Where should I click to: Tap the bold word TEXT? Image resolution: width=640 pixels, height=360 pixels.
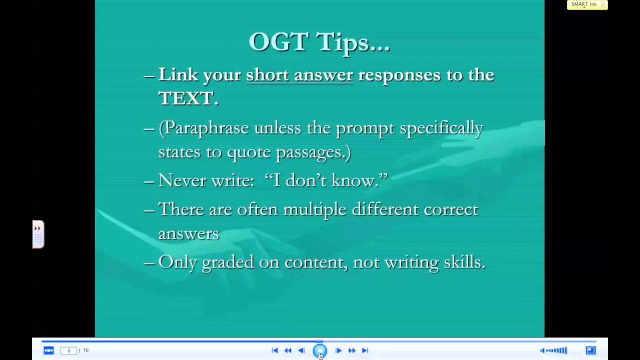tap(185, 98)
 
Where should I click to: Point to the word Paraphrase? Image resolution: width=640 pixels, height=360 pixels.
tap(206, 128)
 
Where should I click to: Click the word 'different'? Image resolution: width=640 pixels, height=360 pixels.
tap(385, 209)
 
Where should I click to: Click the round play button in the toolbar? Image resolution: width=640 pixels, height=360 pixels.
tap(320, 351)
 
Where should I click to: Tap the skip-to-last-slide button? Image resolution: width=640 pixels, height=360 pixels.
tap(365, 350)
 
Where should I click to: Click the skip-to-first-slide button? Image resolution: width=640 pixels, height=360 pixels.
tap(274, 350)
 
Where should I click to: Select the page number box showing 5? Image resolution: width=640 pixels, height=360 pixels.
tap(68, 350)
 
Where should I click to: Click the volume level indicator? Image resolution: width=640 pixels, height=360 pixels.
tap(553, 350)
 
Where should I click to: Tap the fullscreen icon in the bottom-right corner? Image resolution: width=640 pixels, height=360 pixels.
tap(590, 350)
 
